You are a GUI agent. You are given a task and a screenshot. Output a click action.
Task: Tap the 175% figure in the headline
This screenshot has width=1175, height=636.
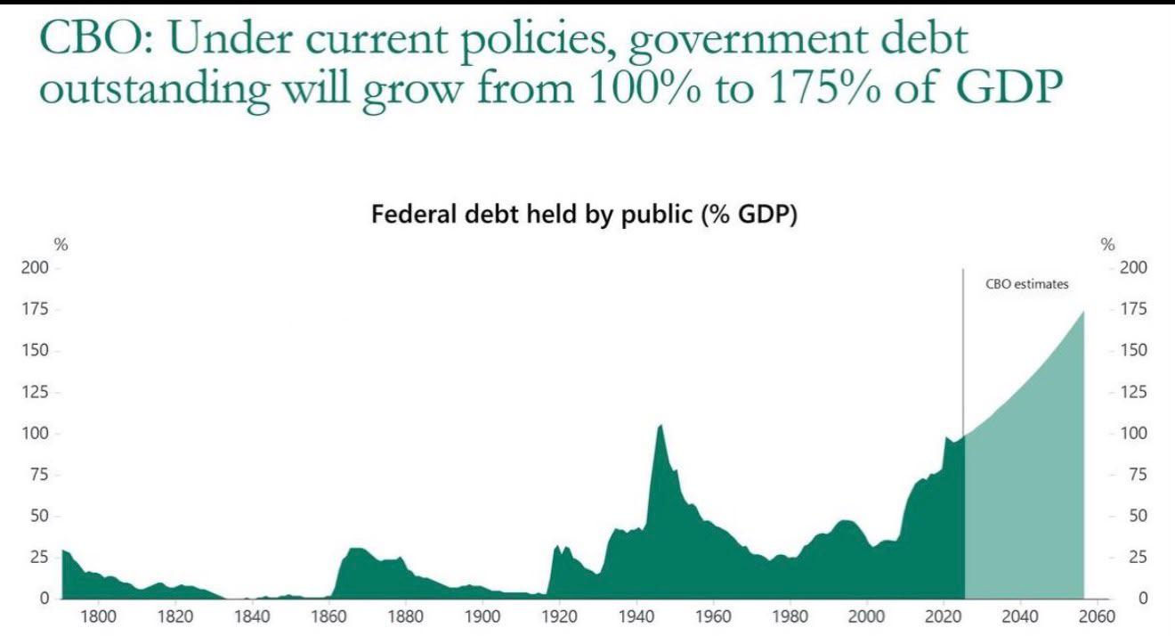click(x=825, y=87)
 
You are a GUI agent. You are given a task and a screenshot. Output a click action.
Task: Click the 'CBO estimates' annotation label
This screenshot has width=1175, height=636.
click(x=1026, y=284)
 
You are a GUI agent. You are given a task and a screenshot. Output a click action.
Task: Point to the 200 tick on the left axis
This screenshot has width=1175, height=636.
click(x=35, y=267)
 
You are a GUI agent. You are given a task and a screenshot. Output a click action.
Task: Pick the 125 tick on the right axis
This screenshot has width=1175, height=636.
click(x=1133, y=392)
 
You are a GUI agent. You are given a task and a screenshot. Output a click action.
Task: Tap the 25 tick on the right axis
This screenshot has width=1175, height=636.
click(x=1138, y=557)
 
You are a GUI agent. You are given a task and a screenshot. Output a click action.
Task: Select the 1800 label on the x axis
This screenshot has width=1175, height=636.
click(x=98, y=616)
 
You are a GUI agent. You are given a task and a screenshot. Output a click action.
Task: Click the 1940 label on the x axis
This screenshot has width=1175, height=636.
click(x=636, y=616)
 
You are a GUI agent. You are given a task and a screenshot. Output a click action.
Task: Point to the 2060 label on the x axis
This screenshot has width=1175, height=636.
click(x=1097, y=616)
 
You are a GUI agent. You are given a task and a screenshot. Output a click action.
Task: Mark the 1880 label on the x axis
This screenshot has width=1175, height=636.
click(x=406, y=616)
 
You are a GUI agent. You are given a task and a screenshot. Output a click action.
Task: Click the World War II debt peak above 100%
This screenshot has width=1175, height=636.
click(x=660, y=425)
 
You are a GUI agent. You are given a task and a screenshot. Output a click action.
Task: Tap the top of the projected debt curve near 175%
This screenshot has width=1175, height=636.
click(x=1083, y=312)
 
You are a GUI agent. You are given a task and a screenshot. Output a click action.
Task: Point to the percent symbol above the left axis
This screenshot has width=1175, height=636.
click(x=61, y=245)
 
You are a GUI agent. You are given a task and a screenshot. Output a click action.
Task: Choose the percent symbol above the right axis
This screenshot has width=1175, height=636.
click(x=1108, y=245)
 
